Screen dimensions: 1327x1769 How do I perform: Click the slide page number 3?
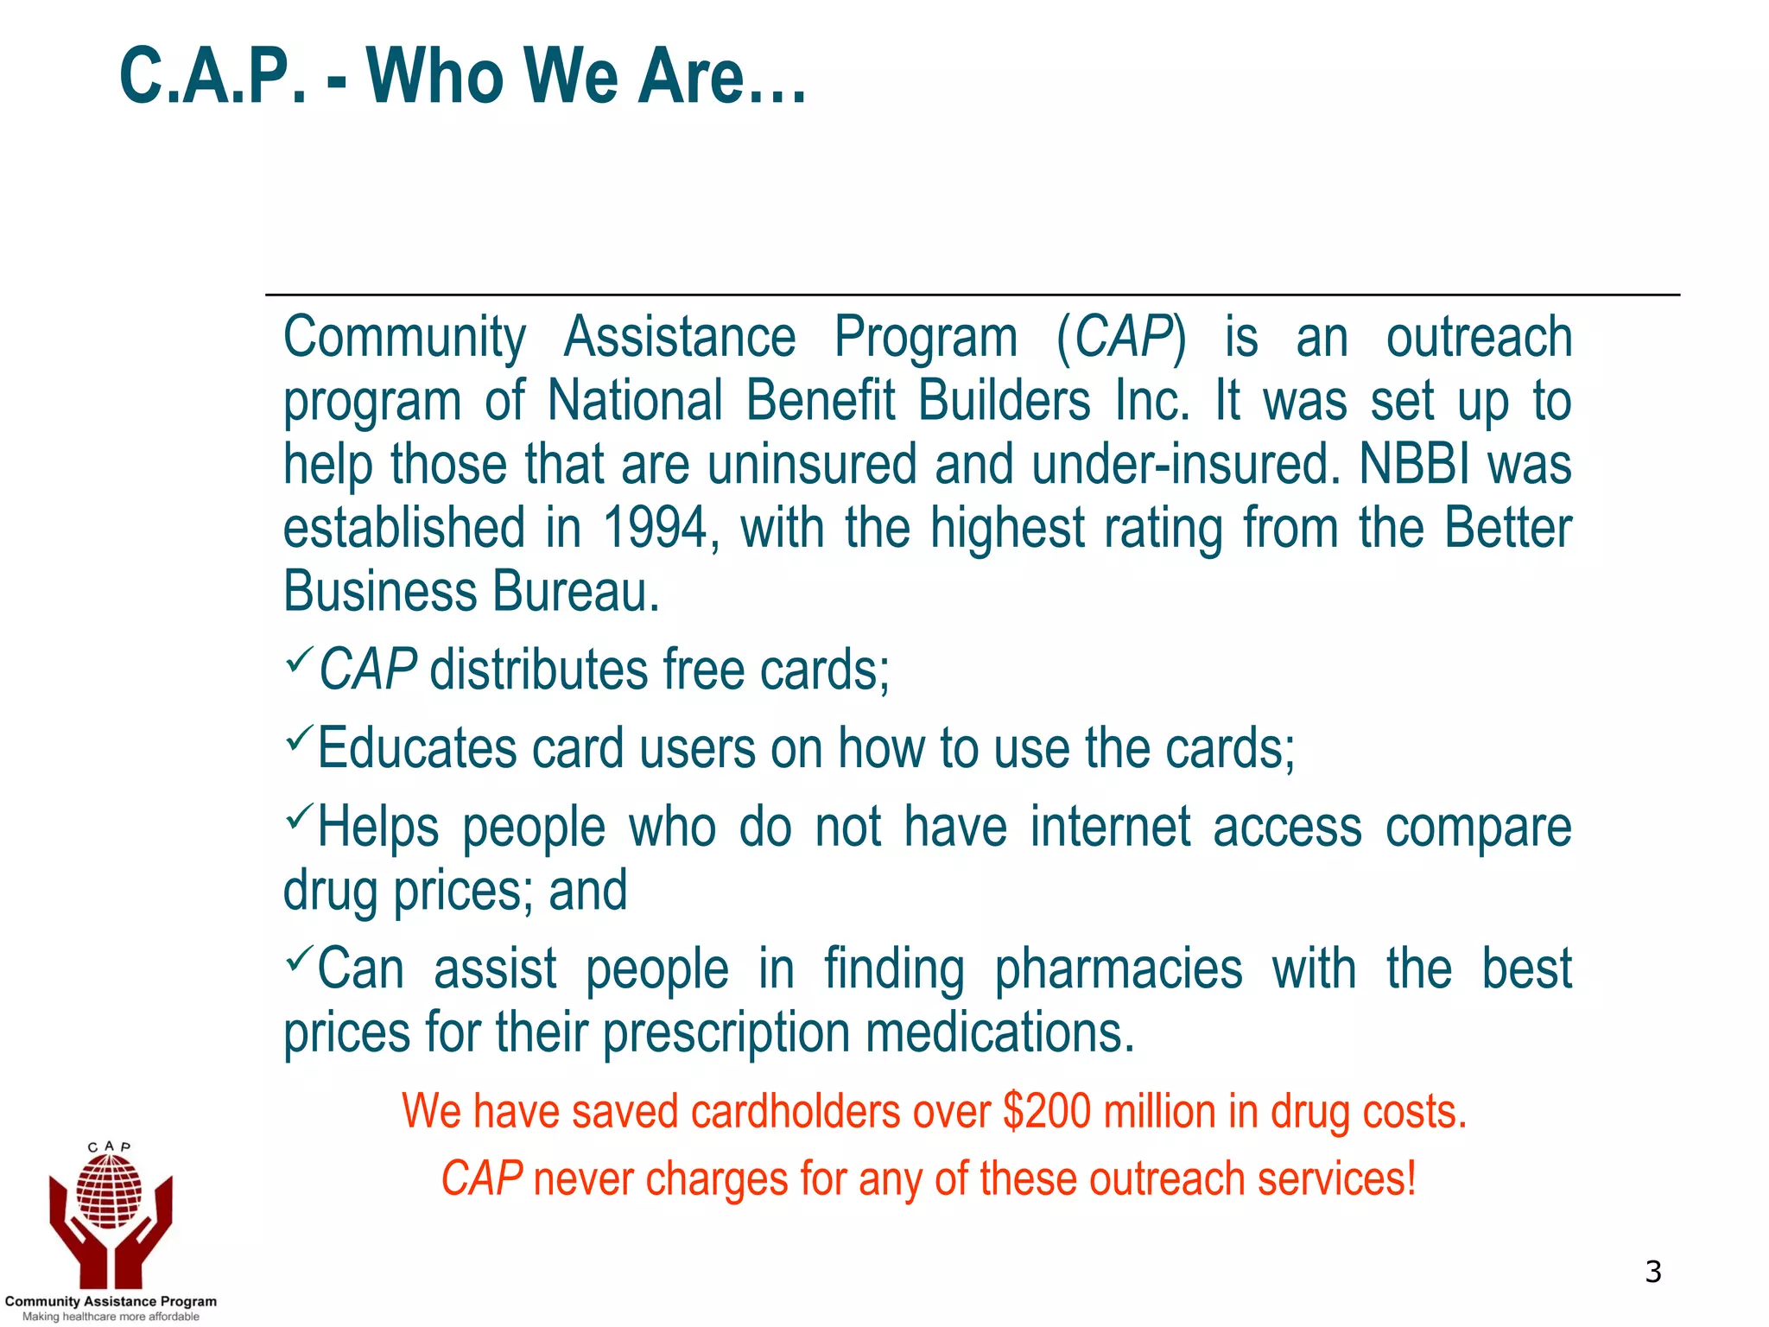point(1652,1272)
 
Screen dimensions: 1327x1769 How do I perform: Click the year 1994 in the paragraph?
point(656,528)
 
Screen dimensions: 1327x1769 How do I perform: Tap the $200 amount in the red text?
point(1047,1111)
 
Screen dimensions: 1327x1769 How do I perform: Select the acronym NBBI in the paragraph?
point(1413,464)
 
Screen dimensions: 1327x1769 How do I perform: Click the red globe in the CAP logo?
point(109,1191)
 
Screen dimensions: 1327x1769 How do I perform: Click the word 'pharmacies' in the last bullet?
point(1118,969)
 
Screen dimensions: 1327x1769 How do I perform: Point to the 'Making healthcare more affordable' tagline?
point(111,1317)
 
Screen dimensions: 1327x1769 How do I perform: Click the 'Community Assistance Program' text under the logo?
point(111,1301)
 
